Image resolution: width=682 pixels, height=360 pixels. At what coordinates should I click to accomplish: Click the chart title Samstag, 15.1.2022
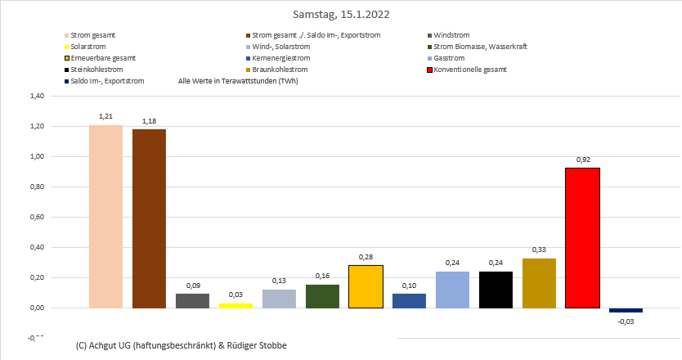click(x=340, y=14)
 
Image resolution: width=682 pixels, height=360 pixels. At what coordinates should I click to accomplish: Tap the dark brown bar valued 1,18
click(x=149, y=218)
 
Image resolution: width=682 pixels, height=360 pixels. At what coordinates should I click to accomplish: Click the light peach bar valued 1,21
click(x=105, y=216)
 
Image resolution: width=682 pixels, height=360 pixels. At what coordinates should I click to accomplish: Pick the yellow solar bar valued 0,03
click(x=236, y=305)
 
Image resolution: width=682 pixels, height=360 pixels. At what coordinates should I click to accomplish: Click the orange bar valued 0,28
click(x=366, y=286)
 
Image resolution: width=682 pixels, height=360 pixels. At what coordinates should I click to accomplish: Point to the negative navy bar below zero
click(x=626, y=310)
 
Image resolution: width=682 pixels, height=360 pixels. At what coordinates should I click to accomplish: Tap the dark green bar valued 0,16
click(x=322, y=296)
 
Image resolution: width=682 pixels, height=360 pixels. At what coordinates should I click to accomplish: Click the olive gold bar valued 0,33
click(x=539, y=283)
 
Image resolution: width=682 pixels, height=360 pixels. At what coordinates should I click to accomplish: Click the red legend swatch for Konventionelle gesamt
click(x=431, y=70)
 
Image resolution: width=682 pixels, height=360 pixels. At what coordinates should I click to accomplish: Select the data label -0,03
click(x=626, y=322)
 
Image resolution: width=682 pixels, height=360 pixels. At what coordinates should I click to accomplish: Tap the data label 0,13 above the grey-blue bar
click(x=279, y=281)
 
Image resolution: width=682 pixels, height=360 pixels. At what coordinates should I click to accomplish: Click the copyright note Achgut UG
click(x=180, y=345)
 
